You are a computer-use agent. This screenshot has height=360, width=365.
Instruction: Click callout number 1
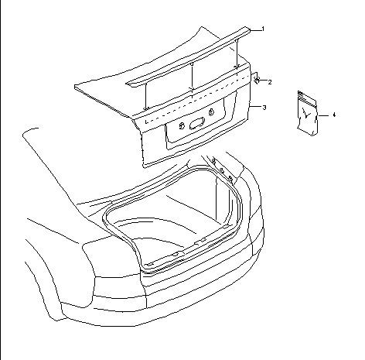point(263,29)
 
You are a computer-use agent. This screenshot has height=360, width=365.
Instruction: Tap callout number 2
point(270,82)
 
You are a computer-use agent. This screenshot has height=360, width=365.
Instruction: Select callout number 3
point(264,108)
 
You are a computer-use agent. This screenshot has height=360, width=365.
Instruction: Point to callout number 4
point(334,115)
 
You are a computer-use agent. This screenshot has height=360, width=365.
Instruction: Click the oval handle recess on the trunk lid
point(197,124)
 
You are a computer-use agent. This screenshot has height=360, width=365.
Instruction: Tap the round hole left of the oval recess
point(182,125)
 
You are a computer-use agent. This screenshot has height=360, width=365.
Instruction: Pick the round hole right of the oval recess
point(211,112)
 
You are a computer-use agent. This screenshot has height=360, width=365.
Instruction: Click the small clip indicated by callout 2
point(257,81)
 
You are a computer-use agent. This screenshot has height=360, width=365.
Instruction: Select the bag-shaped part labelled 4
point(307,113)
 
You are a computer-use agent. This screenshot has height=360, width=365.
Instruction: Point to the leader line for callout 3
point(255,106)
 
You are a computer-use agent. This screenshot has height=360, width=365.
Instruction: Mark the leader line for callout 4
point(324,115)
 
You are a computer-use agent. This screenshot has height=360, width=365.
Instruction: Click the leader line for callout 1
point(255,30)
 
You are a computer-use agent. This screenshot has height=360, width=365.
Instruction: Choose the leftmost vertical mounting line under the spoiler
point(145,96)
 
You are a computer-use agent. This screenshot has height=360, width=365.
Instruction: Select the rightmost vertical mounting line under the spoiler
point(237,53)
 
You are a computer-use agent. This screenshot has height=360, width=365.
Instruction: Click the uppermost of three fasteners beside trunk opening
point(213,161)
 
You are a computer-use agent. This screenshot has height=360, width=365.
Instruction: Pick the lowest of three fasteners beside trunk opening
point(231,178)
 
